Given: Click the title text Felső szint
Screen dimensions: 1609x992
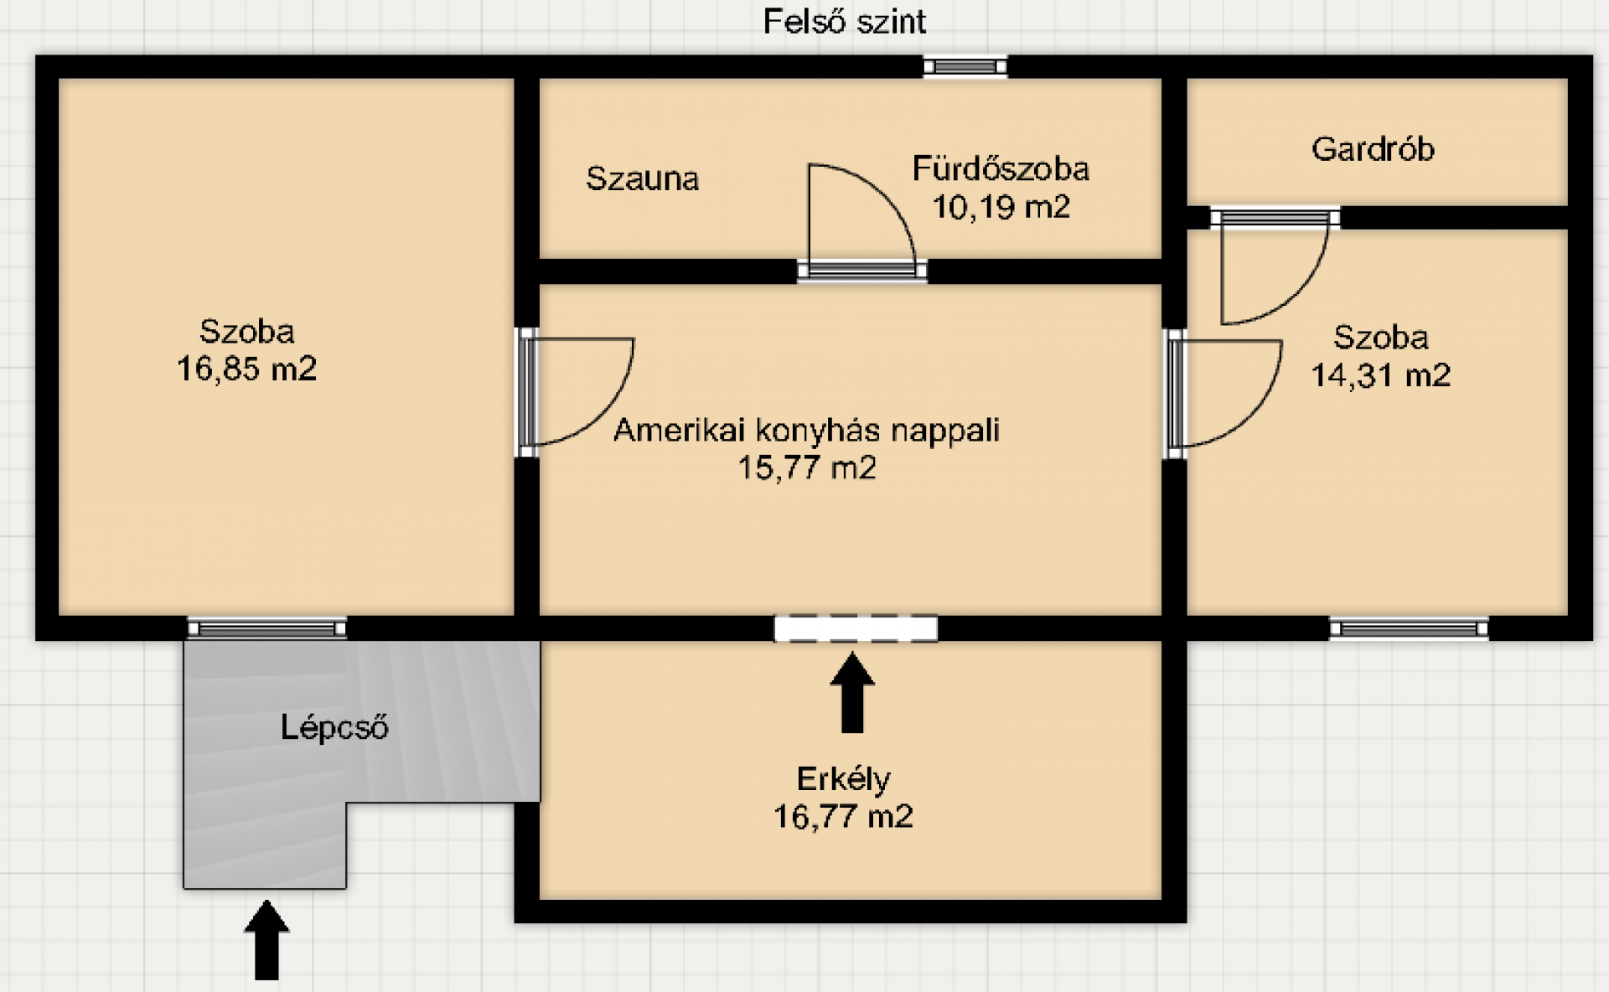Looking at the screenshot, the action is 844,21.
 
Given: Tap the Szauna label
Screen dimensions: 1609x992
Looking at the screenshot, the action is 642,178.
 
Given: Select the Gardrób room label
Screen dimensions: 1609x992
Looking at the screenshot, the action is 1373,149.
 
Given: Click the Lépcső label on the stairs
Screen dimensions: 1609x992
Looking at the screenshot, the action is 334,727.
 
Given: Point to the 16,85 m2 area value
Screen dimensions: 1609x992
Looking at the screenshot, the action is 246,369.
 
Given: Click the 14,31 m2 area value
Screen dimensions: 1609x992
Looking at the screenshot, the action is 1380,375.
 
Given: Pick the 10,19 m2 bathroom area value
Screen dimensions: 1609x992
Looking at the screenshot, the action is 1001,206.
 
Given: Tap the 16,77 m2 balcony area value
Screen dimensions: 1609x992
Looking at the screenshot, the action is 843,816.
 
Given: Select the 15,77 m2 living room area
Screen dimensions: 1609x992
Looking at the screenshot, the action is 806,467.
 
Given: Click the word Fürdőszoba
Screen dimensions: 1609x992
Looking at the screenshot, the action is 1001,169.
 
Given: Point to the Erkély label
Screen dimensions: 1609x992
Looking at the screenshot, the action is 843,779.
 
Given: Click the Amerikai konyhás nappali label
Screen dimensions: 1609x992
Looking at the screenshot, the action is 806,430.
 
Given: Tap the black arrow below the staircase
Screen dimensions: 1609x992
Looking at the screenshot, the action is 266,939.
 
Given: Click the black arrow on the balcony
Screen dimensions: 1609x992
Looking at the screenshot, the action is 852,693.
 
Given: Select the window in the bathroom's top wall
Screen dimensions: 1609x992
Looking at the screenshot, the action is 965,66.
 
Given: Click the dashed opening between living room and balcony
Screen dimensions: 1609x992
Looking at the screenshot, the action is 856,628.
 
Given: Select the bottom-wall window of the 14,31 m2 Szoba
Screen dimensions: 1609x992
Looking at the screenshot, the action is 1409,628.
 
